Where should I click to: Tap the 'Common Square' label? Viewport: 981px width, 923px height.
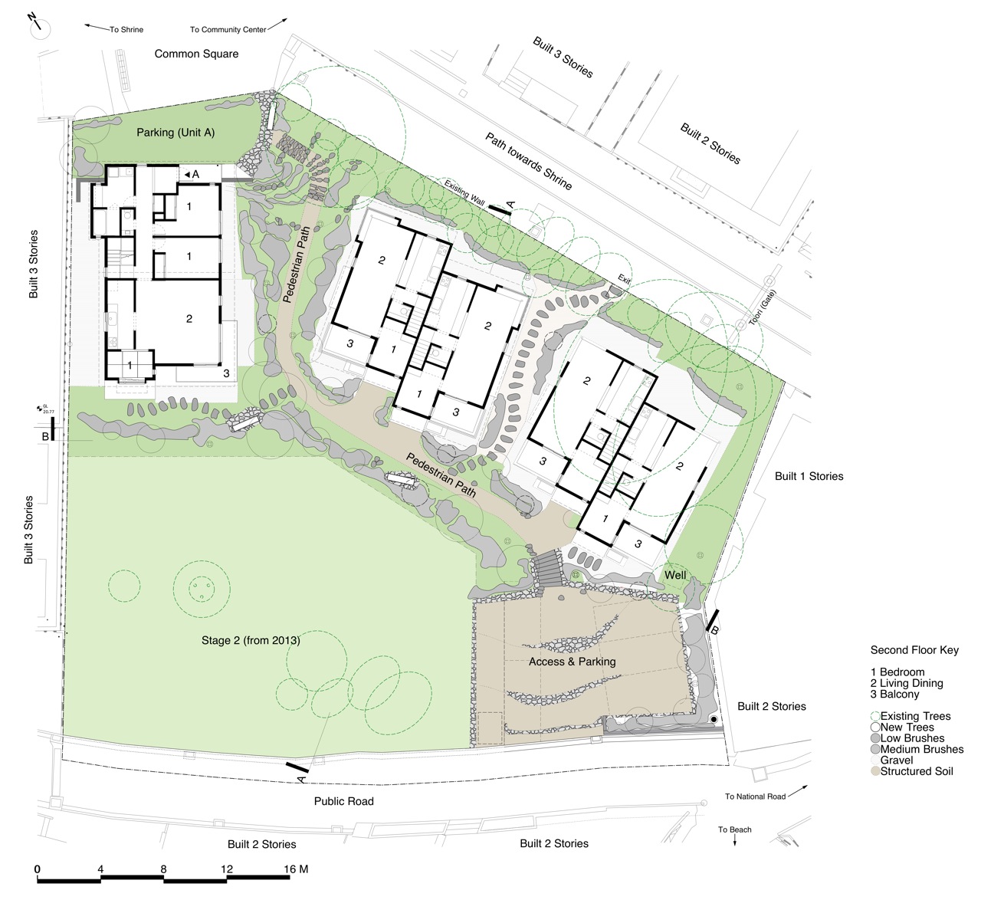pyautogui.click(x=196, y=54)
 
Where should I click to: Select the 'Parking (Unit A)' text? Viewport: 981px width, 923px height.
pyautogui.click(x=176, y=133)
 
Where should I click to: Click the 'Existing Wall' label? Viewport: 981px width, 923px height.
pyautogui.click(x=464, y=193)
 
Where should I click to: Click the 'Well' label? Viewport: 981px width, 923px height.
pyautogui.click(x=675, y=575)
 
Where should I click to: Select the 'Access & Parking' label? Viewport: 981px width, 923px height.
pyautogui.click(x=572, y=662)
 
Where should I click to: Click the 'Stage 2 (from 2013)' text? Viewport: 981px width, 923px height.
pyautogui.click(x=251, y=640)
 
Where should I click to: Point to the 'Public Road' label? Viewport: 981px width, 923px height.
pyautogui.click(x=343, y=801)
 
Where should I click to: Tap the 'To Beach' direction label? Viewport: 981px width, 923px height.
pyautogui.click(x=734, y=829)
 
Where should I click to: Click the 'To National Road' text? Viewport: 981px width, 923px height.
pyautogui.click(x=755, y=797)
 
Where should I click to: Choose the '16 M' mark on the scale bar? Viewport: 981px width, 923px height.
pyautogui.click(x=296, y=869)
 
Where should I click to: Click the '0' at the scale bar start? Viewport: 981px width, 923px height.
pyautogui.click(x=38, y=869)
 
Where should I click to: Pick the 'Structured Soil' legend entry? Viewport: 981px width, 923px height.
pyautogui.click(x=916, y=771)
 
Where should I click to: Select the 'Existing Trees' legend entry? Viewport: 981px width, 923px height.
pyautogui.click(x=915, y=716)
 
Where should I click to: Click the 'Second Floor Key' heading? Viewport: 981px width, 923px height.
pyautogui.click(x=914, y=650)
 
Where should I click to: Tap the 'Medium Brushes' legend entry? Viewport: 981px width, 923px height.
pyautogui.click(x=921, y=749)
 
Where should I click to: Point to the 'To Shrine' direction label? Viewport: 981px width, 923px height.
pyautogui.click(x=126, y=30)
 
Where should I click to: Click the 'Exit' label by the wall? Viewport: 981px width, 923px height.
pyautogui.click(x=625, y=281)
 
